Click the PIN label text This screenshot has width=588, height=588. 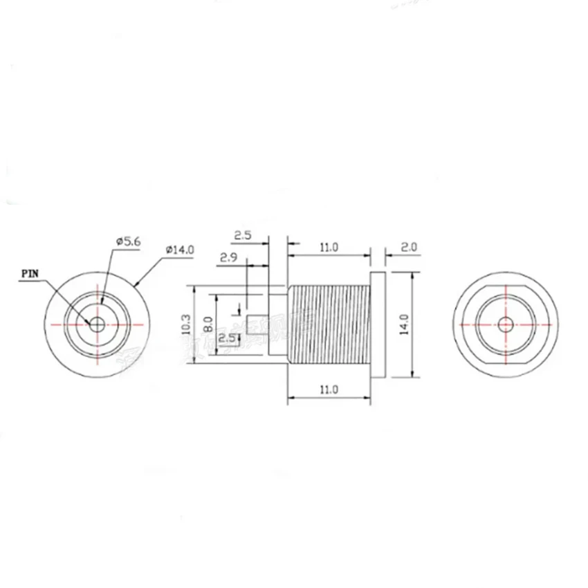pyautogui.click(x=30, y=273)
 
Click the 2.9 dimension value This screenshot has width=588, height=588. pyautogui.click(x=229, y=258)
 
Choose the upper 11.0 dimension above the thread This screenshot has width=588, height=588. pyautogui.click(x=328, y=247)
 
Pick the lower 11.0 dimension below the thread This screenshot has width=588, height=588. pyautogui.click(x=328, y=389)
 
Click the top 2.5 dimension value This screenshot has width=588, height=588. pyautogui.click(x=242, y=235)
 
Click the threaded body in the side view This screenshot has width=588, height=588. pyautogui.click(x=328, y=324)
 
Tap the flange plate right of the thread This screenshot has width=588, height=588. pyautogui.click(x=378, y=324)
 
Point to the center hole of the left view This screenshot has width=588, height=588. pyautogui.click(x=97, y=324)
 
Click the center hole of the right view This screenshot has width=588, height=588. pyautogui.click(x=506, y=324)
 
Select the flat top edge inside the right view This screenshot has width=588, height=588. pyautogui.click(x=506, y=288)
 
